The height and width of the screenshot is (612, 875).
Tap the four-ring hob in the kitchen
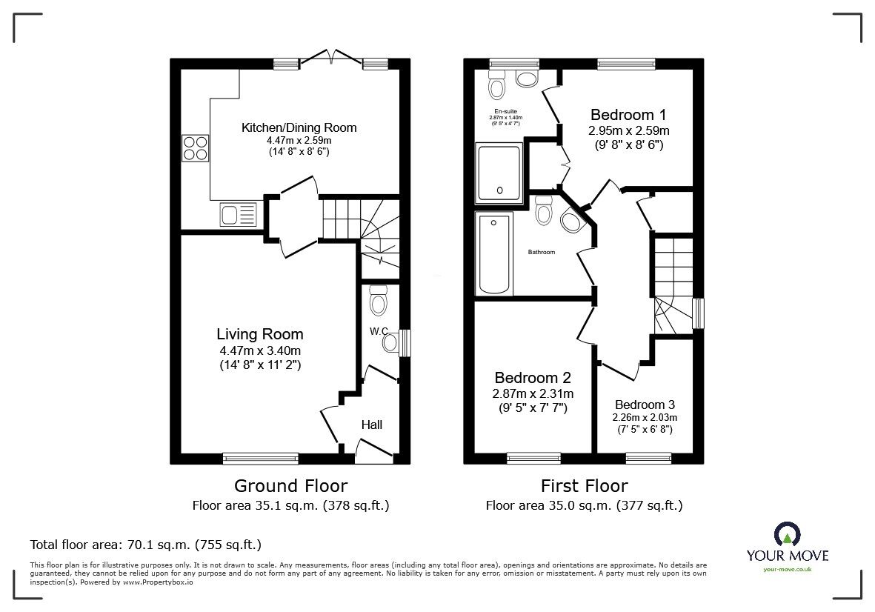point(195,147)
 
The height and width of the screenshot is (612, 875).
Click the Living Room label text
point(259,334)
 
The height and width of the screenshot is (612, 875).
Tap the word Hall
point(372,425)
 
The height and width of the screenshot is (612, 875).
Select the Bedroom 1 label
point(628,115)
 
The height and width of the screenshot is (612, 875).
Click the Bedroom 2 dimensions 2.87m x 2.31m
point(533,393)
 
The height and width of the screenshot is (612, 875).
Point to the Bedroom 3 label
point(645,405)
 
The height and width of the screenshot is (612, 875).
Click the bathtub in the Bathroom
point(494,254)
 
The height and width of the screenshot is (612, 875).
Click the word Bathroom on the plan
point(541,253)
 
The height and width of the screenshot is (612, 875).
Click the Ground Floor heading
point(290,486)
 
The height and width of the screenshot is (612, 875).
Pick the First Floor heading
point(584,486)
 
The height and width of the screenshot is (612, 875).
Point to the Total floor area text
point(145,545)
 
